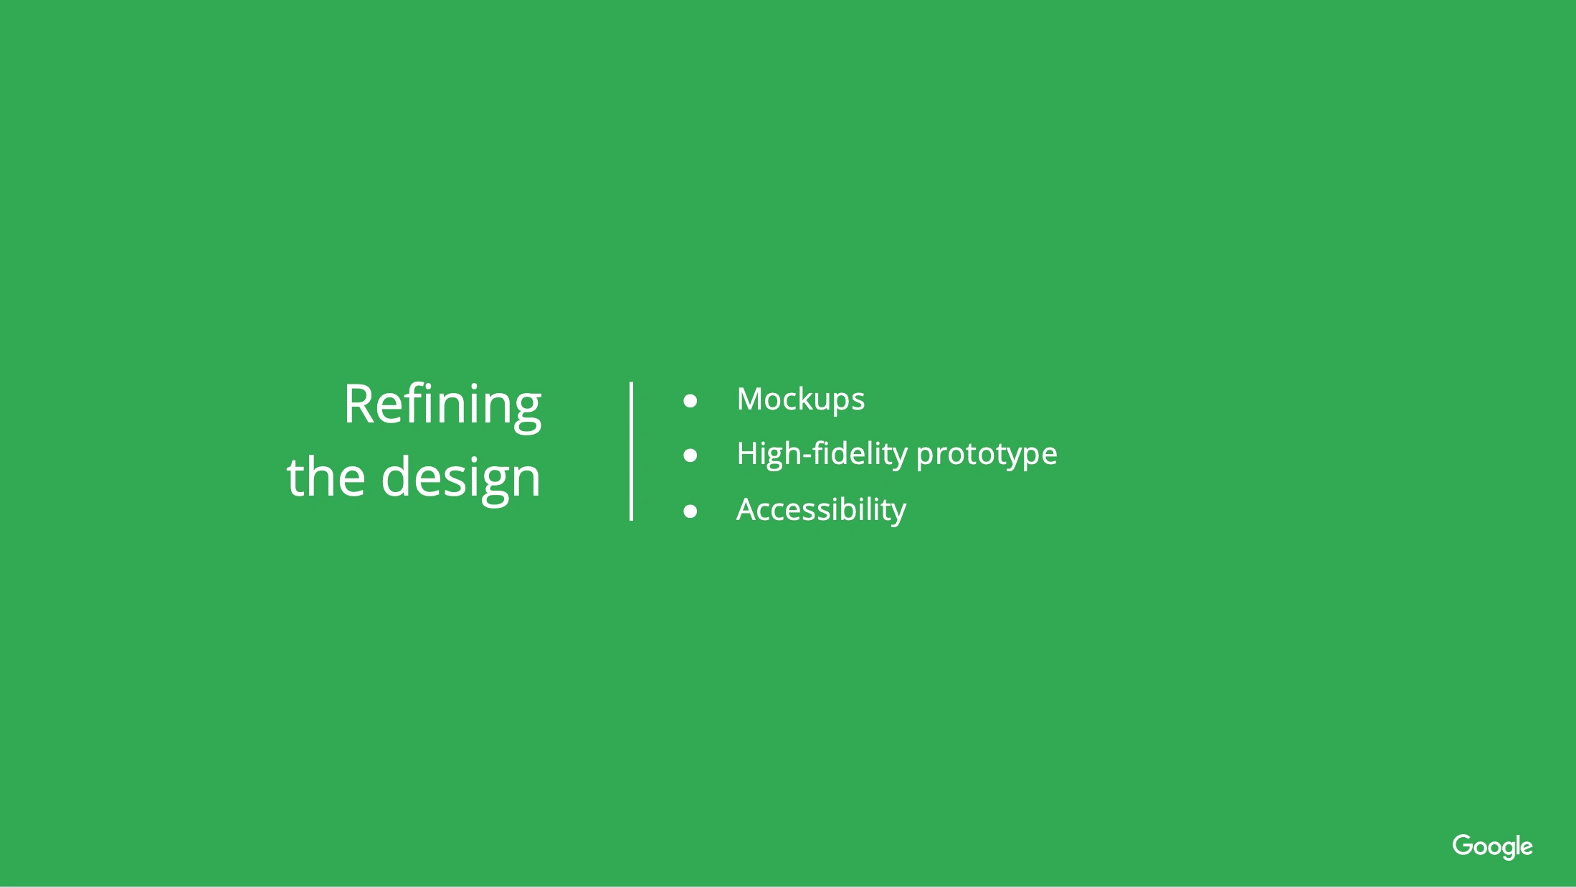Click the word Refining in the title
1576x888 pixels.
click(x=442, y=406)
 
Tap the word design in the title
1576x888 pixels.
click(x=461, y=479)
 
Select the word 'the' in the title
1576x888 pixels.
click(x=326, y=476)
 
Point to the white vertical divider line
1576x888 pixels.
click(x=631, y=451)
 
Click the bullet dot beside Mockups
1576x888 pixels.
click(x=690, y=400)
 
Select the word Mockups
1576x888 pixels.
click(x=801, y=400)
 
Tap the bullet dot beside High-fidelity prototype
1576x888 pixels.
click(x=690, y=455)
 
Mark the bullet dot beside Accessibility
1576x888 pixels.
click(x=690, y=511)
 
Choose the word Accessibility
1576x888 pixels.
click(x=822, y=510)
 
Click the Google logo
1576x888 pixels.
click(x=1493, y=846)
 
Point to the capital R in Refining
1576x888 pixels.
click(x=359, y=404)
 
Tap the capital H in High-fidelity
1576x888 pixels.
click(x=749, y=453)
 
